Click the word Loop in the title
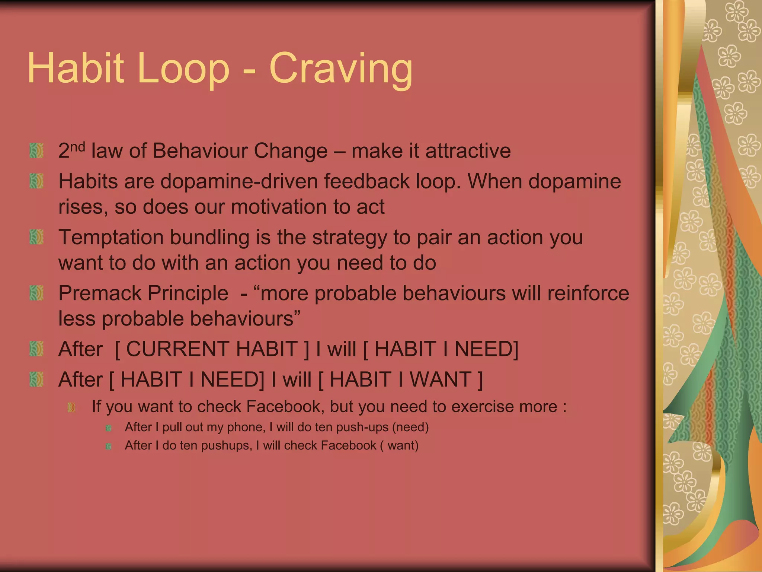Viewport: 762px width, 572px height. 183,69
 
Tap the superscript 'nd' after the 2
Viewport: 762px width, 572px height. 78,147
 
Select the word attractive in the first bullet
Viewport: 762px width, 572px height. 468,151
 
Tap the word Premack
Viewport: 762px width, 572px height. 100,293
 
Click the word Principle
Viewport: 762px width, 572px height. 188,293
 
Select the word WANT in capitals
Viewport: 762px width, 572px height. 441,379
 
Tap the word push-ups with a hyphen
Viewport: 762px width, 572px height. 362,427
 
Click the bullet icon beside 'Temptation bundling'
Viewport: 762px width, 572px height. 36,237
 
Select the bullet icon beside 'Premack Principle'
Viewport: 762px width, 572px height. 36,293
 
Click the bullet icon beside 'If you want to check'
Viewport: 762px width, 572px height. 71,407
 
